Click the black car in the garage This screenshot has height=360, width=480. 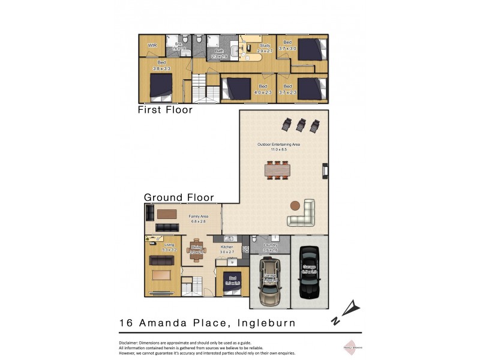pyautogui.click(x=310, y=274)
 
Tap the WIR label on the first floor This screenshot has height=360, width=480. pyautogui.click(x=152, y=45)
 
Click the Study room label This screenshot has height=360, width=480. pyautogui.click(x=265, y=46)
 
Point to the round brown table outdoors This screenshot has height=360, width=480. pyautogui.click(x=295, y=205)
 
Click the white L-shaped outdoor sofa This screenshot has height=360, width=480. pyautogui.click(x=304, y=214)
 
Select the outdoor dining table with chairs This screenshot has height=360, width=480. pyautogui.click(x=278, y=170)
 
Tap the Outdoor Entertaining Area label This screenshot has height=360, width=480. pyautogui.click(x=278, y=144)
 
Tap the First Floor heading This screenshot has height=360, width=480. pyautogui.click(x=165, y=110)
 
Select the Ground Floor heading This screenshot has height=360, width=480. pyautogui.click(x=179, y=197)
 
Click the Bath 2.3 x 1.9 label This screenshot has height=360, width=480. pyautogui.click(x=221, y=54)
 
